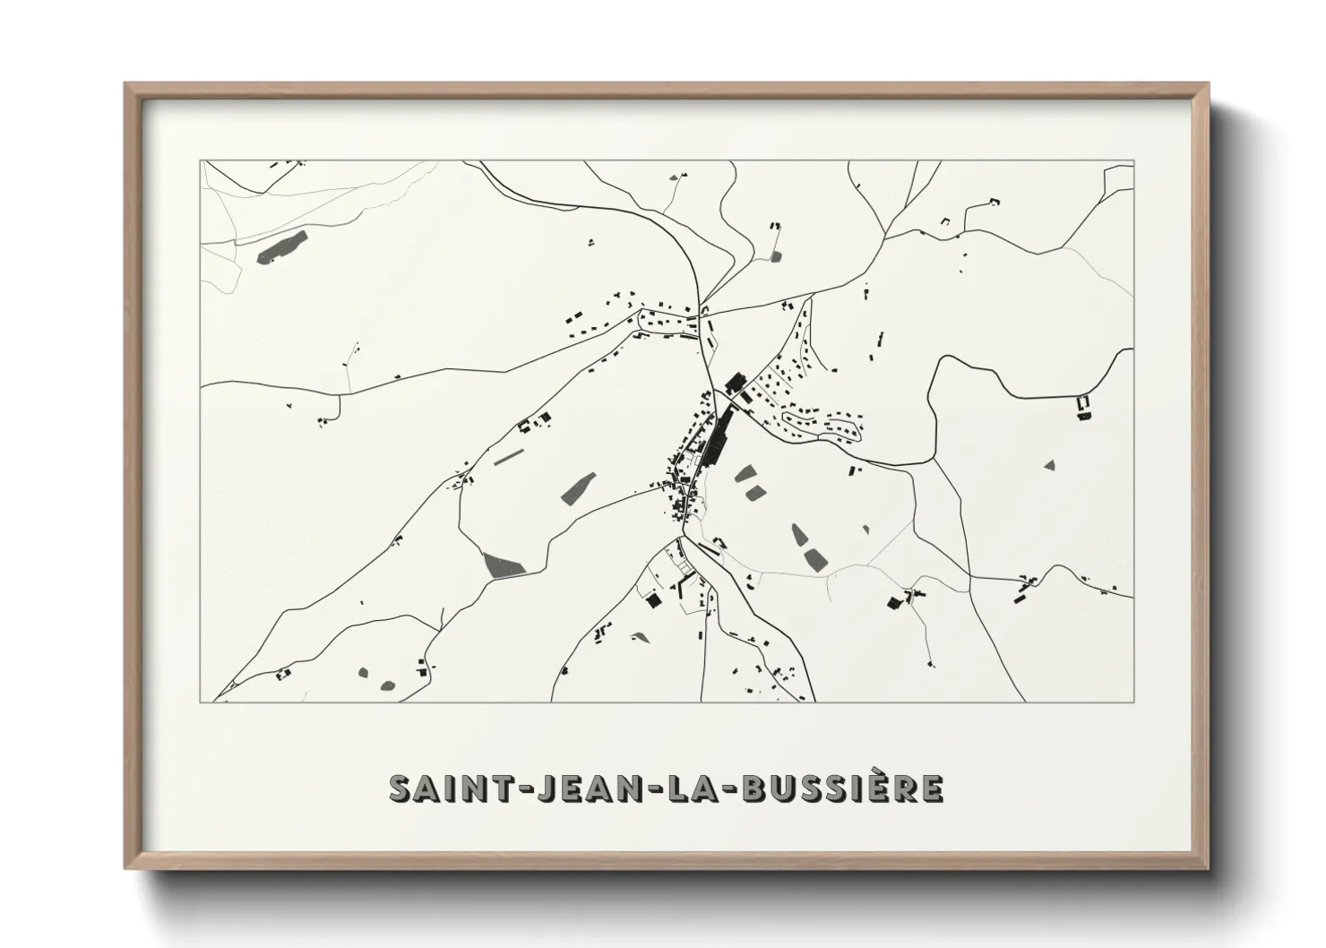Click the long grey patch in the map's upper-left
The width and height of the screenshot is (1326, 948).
281,247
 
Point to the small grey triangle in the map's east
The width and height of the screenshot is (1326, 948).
1050,465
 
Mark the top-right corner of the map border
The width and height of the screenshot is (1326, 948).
1133,161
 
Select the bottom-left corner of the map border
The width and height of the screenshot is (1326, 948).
201,702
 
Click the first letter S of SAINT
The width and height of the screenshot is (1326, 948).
399,788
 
